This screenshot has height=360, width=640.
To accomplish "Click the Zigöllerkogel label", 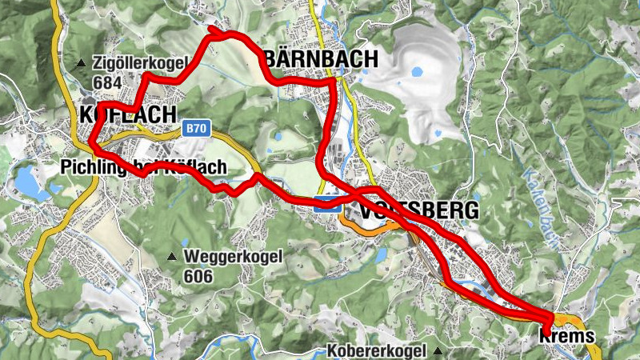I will (x=140, y=63).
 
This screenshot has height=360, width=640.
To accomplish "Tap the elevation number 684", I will (x=108, y=82).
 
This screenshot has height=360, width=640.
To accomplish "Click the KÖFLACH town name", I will (x=127, y=115).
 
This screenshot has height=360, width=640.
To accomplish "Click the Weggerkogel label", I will (x=233, y=257).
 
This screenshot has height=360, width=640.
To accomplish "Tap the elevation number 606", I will (x=198, y=276).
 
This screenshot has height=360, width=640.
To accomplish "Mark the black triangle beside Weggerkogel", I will (x=172, y=257).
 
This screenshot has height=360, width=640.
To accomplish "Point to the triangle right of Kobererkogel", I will (x=438, y=351).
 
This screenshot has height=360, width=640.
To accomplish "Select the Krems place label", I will (x=567, y=337).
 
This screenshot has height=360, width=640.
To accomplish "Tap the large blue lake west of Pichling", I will (x=30, y=182).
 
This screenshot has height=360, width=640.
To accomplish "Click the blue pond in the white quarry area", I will (x=417, y=71).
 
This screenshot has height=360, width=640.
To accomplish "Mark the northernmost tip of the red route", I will (x=212, y=28).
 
